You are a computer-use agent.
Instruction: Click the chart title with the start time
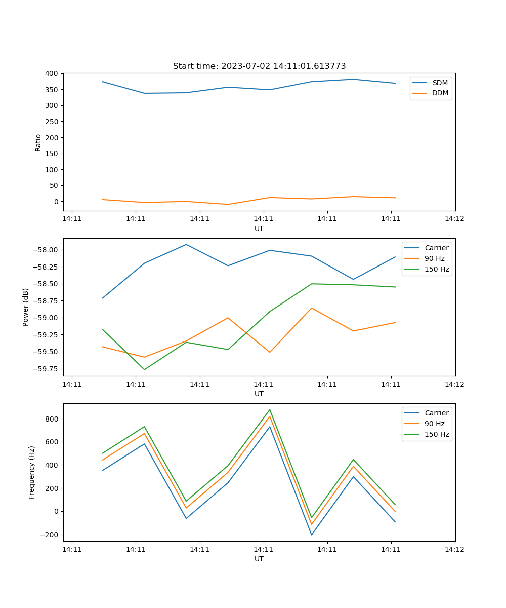[x=259, y=66]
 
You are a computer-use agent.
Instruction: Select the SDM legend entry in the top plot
[x=440, y=83]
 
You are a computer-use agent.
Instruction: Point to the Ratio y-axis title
[x=38, y=142]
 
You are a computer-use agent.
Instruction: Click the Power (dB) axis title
[x=26, y=307]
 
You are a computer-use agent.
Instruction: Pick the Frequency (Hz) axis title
[x=32, y=472]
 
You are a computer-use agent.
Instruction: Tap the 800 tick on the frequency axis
[x=52, y=419]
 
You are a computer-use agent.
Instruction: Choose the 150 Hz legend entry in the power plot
[x=437, y=270]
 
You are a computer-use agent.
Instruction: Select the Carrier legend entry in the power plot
[x=436, y=248]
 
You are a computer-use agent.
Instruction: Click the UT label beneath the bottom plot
[x=259, y=559]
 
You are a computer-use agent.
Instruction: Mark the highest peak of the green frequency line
[x=270, y=410]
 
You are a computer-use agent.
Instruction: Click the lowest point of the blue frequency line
[x=312, y=535]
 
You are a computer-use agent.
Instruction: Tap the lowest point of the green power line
[x=144, y=369]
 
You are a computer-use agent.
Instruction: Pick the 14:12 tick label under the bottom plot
[x=454, y=549]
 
